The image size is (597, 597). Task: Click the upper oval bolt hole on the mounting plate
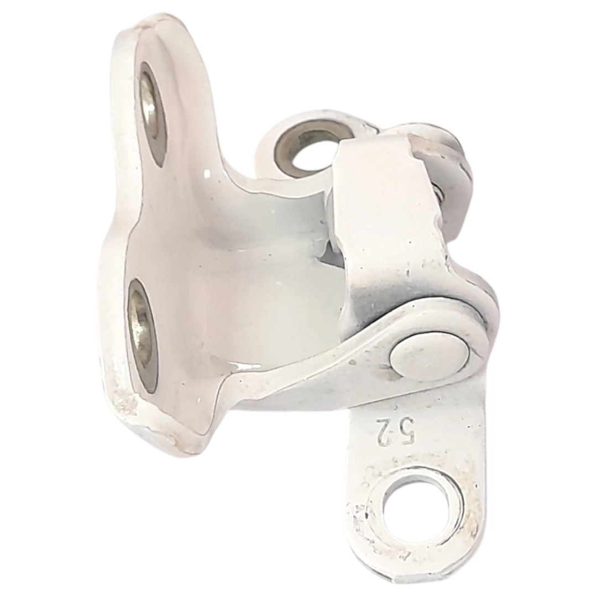[154, 114]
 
